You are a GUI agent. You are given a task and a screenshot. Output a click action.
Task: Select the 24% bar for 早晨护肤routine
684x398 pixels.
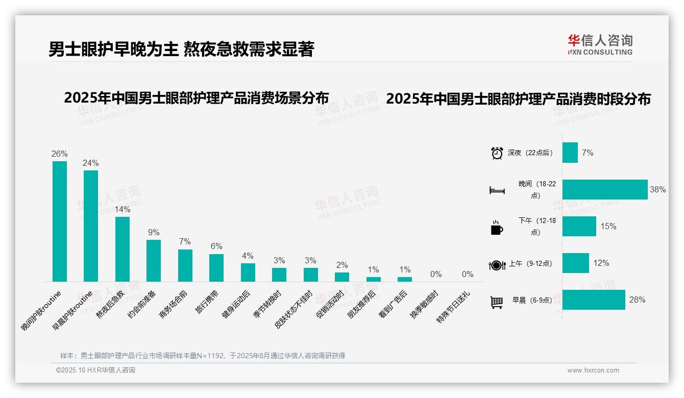click(x=91, y=226)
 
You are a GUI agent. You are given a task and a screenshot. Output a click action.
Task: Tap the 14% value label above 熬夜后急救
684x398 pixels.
click(x=123, y=209)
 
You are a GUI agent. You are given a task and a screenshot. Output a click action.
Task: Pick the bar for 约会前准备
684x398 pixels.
click(x=154, y=260)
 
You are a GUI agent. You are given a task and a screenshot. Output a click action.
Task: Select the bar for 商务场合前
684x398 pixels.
click(x=185, y=265)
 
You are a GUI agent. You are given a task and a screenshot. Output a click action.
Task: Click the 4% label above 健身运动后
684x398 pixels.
click(x=248, y=256)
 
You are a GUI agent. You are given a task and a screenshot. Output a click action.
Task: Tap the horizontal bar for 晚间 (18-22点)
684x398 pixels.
click(x=605, y=189)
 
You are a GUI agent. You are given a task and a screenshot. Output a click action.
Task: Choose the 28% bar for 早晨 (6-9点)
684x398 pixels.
click(x=594, y=300)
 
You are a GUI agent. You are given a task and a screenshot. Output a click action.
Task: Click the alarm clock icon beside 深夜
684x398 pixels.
click(x=497, y=153)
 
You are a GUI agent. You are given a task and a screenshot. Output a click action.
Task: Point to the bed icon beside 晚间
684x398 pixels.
click(x=497, y=190)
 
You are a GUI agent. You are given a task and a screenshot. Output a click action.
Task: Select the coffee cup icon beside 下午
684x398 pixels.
click(x=497, y=228)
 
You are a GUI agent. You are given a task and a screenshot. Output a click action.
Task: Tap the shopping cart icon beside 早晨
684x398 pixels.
click(x=497, y=302)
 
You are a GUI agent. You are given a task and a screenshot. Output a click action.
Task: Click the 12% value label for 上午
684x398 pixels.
click(x=601, y=263)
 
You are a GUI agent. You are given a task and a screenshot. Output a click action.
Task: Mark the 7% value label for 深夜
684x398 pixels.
click(x=588, y=153)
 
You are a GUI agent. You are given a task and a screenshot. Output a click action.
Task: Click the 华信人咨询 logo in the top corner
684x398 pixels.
click(x=600, y=44)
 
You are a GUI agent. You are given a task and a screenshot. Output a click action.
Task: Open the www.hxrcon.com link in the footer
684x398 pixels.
click(x=593, y=370)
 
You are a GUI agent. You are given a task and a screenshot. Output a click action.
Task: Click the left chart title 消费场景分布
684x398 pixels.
click(x=196, y=98)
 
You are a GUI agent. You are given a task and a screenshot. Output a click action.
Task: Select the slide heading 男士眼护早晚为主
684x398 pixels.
click(x=181, y=49)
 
